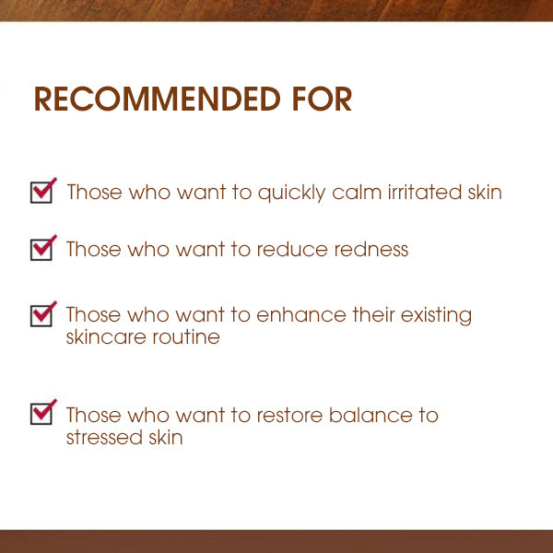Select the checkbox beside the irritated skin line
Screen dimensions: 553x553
point(42,192)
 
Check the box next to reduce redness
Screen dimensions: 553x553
point(42,248)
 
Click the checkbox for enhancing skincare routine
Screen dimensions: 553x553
point(42,314)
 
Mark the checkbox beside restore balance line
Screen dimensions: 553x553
point(42,412)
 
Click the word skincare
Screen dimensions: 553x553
point(102,337)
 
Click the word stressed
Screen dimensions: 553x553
point(101,438)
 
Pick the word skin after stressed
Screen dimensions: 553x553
point(162,438)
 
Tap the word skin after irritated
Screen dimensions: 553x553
point(483,193)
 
